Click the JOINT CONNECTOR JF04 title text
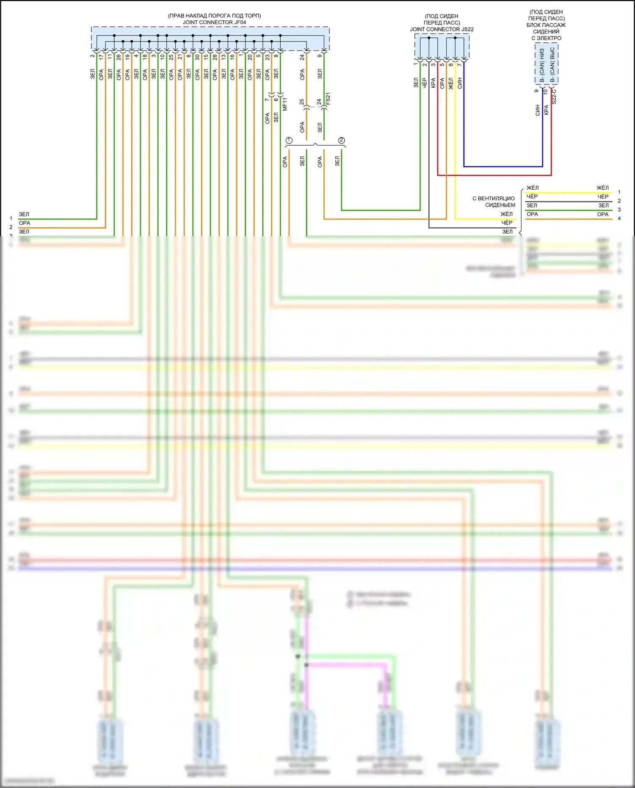[214, 22]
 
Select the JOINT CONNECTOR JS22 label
[442, 29]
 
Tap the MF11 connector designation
[285, 104]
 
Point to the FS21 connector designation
[328, 99]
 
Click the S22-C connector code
[554, 97]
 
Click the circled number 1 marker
[289, 140]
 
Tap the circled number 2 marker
[342, 140]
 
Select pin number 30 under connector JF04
[197, 56]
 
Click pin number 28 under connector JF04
[215, 56]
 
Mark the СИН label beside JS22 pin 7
[460, 83]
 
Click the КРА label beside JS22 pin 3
[433, 83]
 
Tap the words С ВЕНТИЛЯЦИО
[494, 198]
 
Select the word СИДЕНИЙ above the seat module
[546, 31]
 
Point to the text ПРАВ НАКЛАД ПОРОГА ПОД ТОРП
[214, 16]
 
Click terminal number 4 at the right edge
[619, 218]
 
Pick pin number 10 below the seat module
[545, 91]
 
